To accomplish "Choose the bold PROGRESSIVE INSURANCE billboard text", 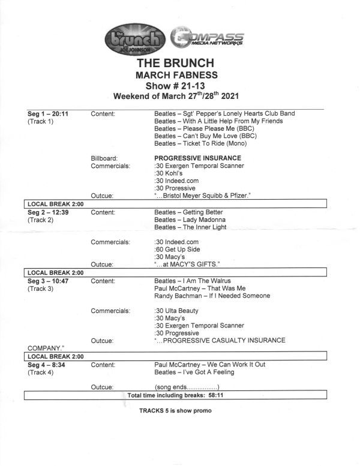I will tap(197, 158).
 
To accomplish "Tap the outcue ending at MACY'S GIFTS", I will tap(187, 264).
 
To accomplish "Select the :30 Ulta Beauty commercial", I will tap(176, 311).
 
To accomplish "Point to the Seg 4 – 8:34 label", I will tap(48, 365).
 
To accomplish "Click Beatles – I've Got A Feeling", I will tap(194, 372).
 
